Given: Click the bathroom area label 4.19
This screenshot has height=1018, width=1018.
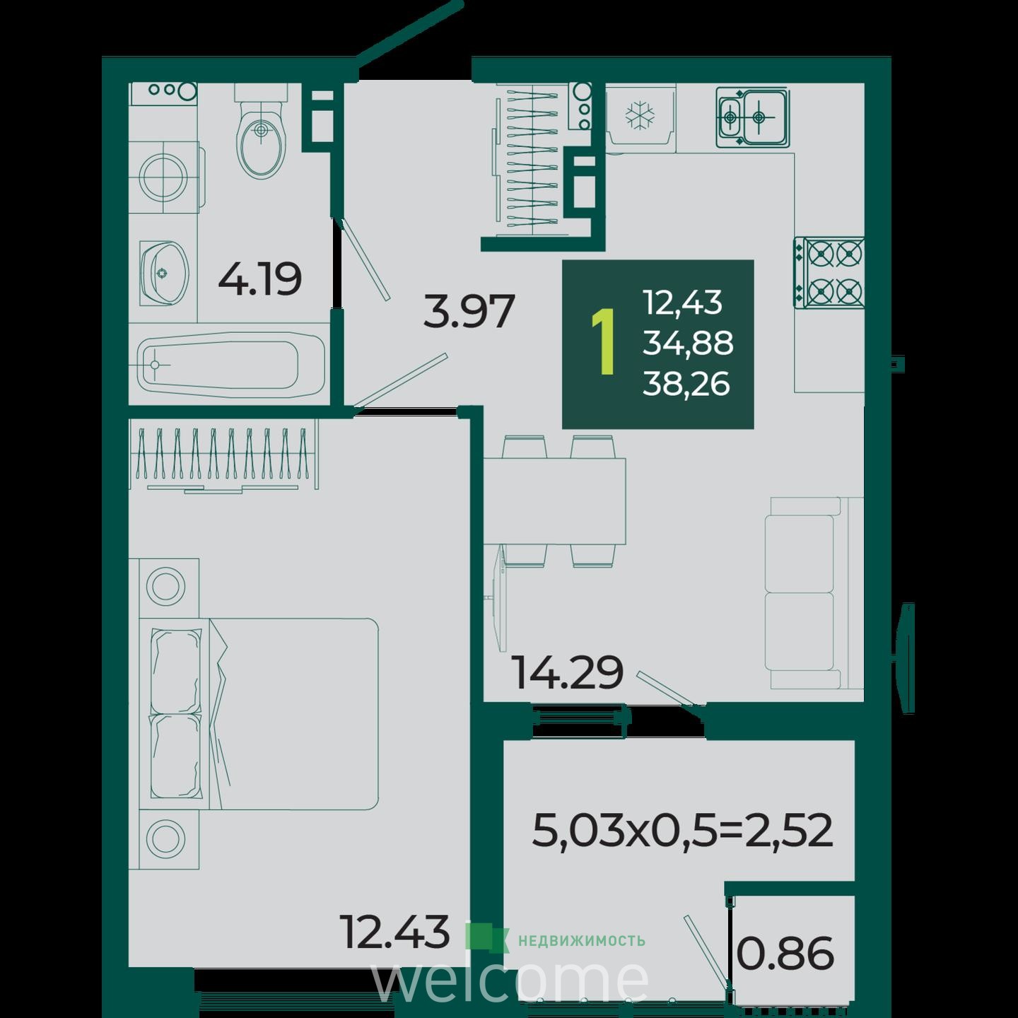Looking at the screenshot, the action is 260,279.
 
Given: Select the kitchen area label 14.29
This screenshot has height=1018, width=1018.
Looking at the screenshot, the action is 568,672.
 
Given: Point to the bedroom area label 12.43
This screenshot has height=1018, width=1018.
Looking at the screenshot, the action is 396,932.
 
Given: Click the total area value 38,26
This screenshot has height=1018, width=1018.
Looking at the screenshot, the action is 686,384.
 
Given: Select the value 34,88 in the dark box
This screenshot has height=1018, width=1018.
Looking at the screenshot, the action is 688,343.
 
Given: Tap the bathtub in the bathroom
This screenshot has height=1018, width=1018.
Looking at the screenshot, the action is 231,365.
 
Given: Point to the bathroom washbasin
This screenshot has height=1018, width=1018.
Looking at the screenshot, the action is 164,273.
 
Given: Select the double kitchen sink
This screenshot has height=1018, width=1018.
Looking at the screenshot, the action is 752,117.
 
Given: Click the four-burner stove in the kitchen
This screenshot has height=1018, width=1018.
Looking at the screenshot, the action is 829,273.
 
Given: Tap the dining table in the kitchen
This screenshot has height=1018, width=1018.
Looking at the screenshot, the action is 555,501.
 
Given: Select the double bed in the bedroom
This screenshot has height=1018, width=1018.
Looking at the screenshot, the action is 259,714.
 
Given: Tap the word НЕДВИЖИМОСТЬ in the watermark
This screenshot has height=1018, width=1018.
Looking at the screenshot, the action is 581,941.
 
